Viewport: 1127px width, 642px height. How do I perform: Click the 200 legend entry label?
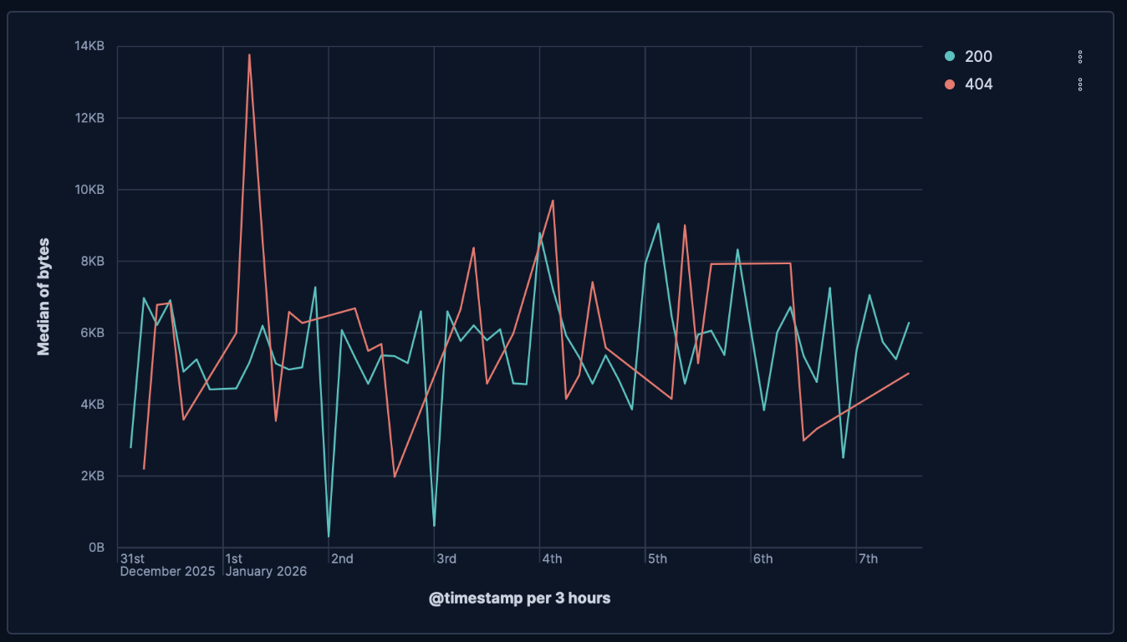978,57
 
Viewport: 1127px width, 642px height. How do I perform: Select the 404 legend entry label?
978,84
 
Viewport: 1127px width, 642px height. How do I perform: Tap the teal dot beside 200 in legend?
950,57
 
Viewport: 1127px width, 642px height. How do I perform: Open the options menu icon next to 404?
1080,84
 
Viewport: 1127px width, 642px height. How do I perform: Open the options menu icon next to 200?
1080,57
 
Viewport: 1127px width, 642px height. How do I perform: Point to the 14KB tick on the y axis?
89,47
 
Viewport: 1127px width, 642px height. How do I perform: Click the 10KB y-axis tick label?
89,190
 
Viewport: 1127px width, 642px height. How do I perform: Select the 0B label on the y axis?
96,548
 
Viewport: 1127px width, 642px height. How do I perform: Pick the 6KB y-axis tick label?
92,333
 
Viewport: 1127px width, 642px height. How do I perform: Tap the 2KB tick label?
92,476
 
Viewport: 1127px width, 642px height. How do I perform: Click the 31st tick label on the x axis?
132,558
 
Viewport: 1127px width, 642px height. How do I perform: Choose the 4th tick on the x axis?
552,558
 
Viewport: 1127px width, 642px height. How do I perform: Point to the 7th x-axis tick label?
868,558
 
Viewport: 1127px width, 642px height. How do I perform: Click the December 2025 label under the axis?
167,572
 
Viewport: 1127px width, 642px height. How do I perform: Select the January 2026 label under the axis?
266,572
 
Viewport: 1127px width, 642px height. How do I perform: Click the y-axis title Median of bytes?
44,297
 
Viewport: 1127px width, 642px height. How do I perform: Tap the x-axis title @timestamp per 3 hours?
519,599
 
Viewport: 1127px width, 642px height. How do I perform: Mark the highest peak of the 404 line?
249,54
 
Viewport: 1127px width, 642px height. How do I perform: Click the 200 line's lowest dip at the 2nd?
329,536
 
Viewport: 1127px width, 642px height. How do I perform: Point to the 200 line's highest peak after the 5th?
658,223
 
